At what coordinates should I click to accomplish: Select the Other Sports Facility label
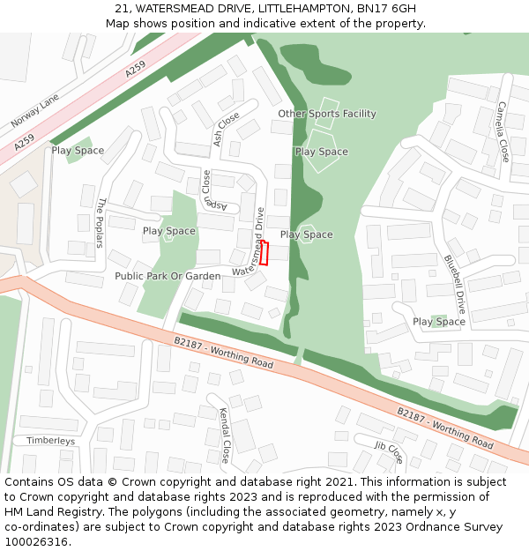327,114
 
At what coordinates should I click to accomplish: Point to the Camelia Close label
502,132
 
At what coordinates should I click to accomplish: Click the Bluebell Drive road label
454,285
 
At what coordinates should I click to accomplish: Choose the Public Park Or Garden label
168,276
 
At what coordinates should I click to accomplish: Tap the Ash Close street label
226,130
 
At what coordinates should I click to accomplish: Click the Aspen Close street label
208,191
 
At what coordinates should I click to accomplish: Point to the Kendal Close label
224,436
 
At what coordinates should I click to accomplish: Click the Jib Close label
388,452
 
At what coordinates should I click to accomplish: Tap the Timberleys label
50,441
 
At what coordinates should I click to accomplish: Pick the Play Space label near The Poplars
78,151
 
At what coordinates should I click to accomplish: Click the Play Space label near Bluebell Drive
438,322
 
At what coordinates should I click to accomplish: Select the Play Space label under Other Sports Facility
321,152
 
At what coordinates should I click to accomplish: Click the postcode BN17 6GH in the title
388,9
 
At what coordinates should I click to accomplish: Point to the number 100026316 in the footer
37,541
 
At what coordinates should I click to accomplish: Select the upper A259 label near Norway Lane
135,68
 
